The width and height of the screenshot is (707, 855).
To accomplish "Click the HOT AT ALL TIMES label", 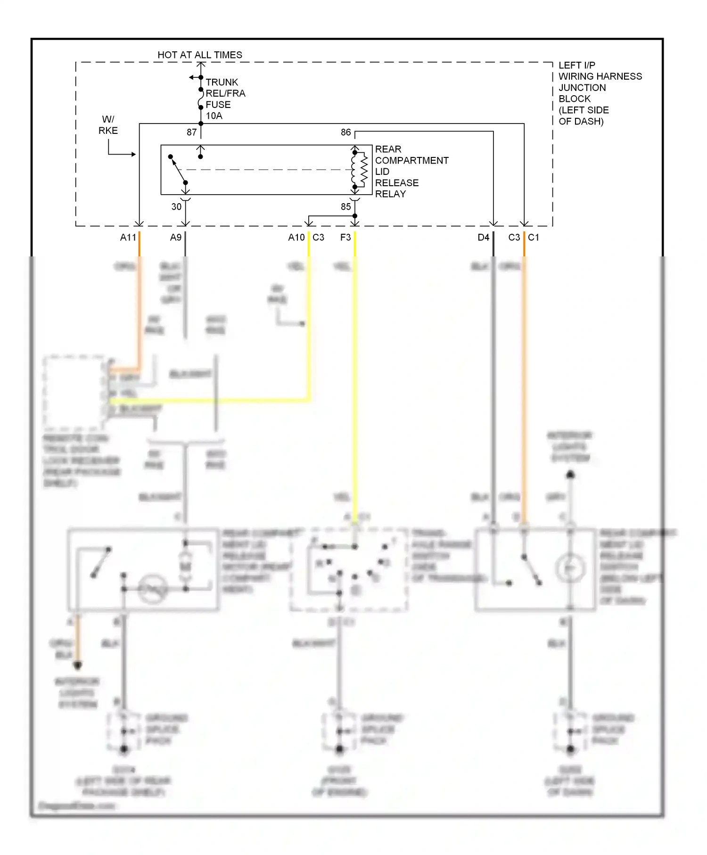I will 200,55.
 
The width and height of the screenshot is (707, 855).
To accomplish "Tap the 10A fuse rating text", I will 214,116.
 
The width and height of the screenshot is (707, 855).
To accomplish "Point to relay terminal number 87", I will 191,132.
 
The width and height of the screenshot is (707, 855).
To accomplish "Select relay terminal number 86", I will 345,132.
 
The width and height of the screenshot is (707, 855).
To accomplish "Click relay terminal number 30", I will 176,206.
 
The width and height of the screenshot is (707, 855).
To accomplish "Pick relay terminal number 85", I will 345,206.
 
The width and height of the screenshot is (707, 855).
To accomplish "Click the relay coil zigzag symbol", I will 363,170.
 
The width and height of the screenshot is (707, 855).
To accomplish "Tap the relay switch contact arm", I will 178,170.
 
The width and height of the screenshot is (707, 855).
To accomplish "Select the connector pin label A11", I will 128,238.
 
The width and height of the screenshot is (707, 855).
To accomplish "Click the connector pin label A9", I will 175,238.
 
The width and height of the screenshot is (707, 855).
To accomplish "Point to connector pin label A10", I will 296,238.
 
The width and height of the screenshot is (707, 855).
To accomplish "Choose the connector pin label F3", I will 345,238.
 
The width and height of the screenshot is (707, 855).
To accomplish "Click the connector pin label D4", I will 483,238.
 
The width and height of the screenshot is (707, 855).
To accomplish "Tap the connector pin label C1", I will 534,238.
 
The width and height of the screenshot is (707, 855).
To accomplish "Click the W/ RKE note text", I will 108,125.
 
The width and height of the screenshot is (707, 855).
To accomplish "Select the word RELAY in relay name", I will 390,194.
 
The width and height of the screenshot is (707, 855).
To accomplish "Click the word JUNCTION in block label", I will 582,88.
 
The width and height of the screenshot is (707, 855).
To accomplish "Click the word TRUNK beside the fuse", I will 222,82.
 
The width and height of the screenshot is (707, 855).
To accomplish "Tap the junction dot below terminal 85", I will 355,216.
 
